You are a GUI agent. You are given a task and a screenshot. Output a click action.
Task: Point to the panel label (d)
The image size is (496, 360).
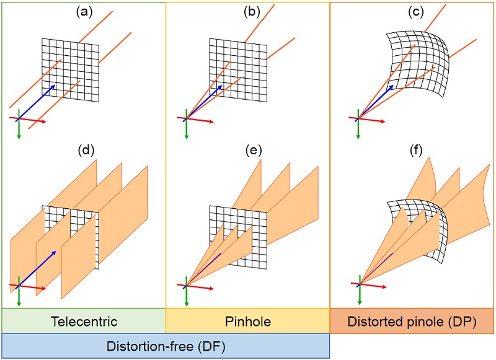coord(83,151)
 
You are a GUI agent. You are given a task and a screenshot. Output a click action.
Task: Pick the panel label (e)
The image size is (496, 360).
coord(250,151)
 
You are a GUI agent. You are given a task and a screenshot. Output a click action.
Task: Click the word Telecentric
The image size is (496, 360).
coord(84,321)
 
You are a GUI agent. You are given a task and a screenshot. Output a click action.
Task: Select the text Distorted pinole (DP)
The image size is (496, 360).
coord(412,321)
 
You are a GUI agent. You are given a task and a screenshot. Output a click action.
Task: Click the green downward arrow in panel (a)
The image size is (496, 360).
coord(19,129)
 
